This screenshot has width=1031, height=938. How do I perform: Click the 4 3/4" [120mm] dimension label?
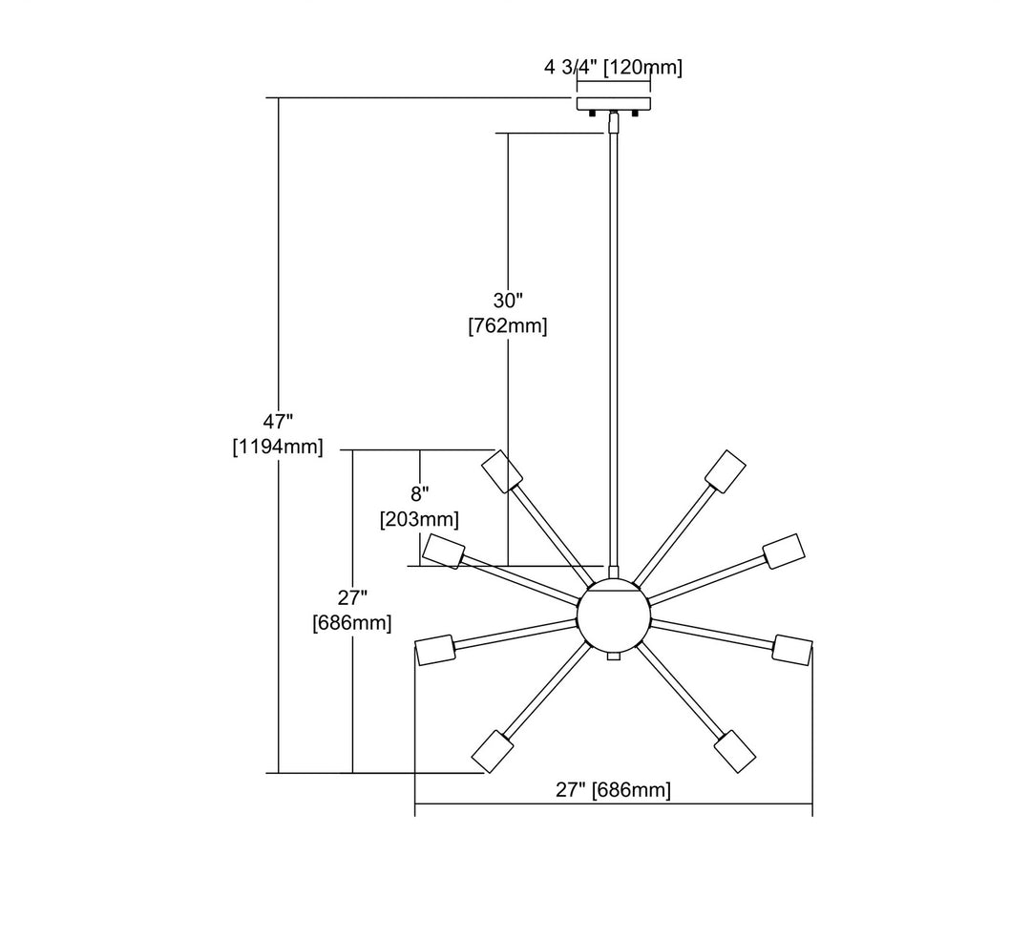coord(613,67)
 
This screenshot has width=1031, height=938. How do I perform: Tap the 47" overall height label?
coord(278,421)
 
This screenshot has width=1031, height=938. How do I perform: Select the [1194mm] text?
coord(278,446)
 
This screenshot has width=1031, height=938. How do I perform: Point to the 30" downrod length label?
coord(508,301)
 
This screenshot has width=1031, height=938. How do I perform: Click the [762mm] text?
coord(508,326)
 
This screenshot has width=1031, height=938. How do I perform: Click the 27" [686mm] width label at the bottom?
coord(613,790)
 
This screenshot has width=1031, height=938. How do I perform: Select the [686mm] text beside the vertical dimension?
coord(352,623)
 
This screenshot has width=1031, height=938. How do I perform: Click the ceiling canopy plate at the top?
coord(613,103)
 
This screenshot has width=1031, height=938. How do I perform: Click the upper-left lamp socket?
coord(502,469)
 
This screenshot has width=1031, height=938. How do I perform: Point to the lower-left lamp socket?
coord(493,751)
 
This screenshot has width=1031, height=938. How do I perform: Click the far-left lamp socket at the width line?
coord(434,650)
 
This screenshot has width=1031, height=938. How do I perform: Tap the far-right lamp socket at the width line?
coord(792,648)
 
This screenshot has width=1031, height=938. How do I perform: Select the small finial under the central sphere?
coord(614,657)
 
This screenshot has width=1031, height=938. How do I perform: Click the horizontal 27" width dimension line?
coord(515,804)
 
